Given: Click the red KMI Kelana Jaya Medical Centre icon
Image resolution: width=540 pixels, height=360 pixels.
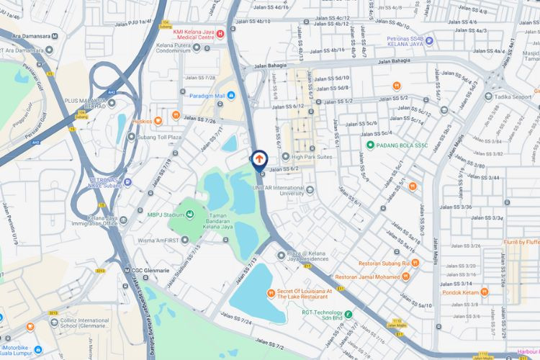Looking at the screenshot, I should tap(220, 33).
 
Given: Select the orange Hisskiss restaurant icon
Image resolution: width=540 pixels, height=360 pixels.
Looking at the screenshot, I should tap(176, 116).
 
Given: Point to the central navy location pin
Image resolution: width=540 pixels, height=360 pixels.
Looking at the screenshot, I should tap(260, 159).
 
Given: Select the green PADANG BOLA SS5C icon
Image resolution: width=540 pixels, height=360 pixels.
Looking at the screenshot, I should tap(370, 145).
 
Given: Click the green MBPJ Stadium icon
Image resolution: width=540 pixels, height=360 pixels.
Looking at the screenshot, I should tap(190, 213).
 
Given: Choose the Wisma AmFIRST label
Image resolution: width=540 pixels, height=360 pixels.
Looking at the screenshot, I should tap(159, 240).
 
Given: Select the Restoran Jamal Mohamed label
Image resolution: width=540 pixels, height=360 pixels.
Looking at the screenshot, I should tap(367, 277).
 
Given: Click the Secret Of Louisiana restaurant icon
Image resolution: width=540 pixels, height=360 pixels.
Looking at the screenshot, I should tap(271, 292).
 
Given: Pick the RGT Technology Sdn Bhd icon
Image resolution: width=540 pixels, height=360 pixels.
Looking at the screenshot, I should tap(348, 314).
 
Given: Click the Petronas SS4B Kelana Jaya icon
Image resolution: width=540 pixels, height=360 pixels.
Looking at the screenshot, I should tap(429, 40).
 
